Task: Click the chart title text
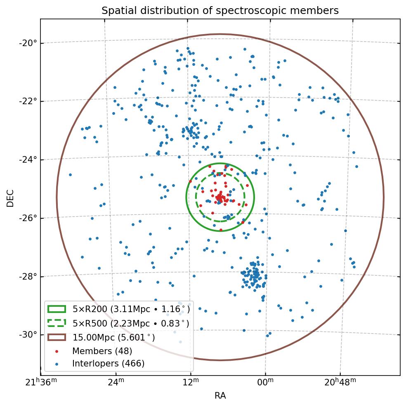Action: point(220,11)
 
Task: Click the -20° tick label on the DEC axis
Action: point(28,43)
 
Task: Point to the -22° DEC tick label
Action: point(28,101)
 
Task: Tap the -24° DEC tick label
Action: point(28,159)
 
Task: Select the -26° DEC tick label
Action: point(28,218)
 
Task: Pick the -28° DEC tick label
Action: point(28,276)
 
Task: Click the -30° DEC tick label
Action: point(28,334)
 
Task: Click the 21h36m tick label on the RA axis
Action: point(41,383)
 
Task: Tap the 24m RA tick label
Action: point(116,383)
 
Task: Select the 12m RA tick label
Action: point(191,383)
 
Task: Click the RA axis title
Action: point(220,396)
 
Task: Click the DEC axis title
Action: point(10,198)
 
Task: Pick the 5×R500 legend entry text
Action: point(131,323)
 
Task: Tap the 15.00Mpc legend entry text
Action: point(114,338)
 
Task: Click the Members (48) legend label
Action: point(102,351)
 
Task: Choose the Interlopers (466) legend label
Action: point(108,364)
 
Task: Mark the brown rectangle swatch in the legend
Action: point(57,337)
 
